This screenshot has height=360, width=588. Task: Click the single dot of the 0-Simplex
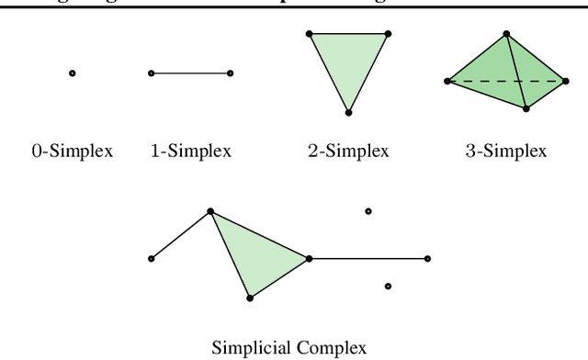(x=72, y=73)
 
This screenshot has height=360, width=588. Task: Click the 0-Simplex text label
(x=72, y=151)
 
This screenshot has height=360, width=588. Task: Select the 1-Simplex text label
(x=190, y=151)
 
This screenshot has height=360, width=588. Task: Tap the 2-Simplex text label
(x=348, y=151)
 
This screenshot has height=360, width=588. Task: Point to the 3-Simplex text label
(x=504, y=151)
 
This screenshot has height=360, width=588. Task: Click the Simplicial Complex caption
(x=289, y=348)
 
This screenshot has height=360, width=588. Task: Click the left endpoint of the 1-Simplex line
(x=151, y=73)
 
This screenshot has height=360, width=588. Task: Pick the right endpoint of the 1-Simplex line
(x=230, y=73)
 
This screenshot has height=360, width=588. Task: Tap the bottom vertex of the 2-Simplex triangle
(x=348, y=112)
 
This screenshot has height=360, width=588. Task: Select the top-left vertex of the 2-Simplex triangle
(x=309, y=34)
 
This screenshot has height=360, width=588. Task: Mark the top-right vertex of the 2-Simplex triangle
(x=388, y=34)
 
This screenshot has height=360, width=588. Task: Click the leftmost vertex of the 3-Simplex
(x=447, y=81)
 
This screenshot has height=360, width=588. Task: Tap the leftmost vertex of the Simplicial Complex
(x=151, y=259)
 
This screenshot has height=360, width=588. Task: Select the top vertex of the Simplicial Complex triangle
(x=210, y=211)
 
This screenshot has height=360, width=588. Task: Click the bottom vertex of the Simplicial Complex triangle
(x=250, y=297)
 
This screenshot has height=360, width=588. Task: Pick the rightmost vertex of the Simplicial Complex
(x=427, y=259)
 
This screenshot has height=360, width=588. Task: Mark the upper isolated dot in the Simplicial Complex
(x=368, y=211)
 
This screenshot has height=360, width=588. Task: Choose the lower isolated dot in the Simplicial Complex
(x=388, y=287)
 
